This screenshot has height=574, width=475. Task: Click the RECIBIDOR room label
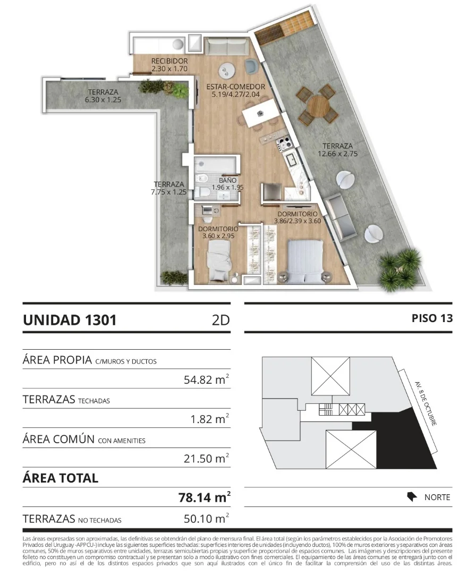click(169, 61)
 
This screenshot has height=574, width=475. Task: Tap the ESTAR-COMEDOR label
click(236, 87)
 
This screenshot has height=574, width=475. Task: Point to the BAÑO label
click(227, 181)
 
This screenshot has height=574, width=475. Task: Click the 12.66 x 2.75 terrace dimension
click(337, 154)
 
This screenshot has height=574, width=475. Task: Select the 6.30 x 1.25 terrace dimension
click(103, 99)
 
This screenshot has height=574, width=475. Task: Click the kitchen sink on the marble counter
click(293, 160)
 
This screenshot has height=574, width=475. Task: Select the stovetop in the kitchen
click(284, 143)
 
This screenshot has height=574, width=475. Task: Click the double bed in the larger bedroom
click(305, 261)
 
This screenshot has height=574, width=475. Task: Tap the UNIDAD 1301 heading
click(70, 320)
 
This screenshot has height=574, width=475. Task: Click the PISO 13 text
click(432, 318)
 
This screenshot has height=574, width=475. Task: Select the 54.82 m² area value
click(206, 379)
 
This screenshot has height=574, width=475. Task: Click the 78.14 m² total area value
click(204, 497)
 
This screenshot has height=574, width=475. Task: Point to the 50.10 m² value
click(206, 518)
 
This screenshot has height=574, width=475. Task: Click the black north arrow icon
click(412, 497)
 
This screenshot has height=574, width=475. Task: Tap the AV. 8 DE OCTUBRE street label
click(426, 403)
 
